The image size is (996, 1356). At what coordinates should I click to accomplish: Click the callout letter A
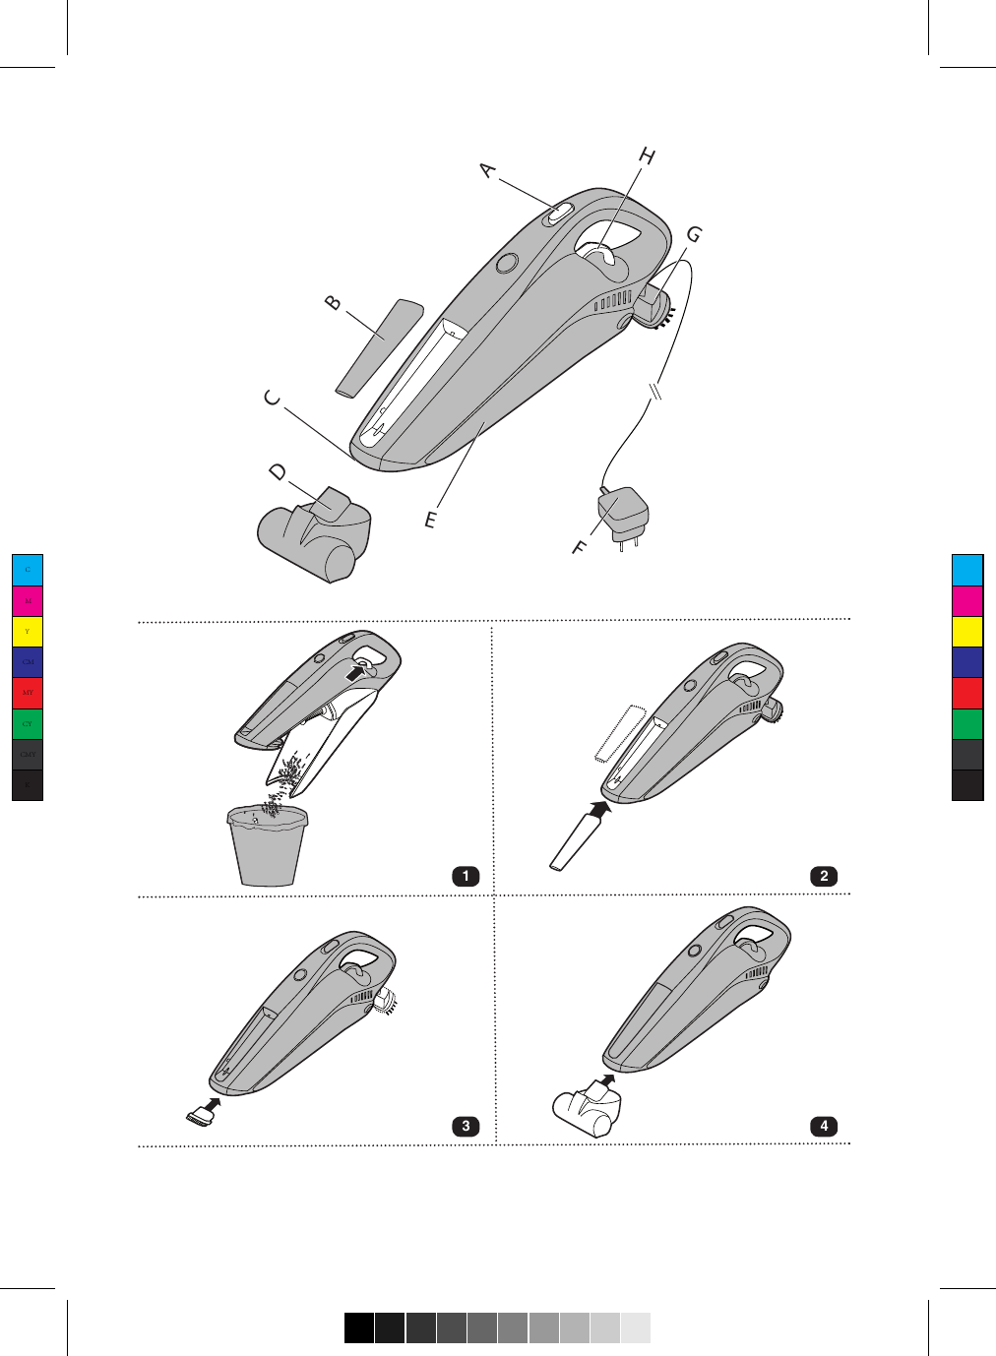pyautogui.click(x=488, y=170)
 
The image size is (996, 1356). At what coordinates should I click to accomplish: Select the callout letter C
pyautogui.click(x=273, y=399)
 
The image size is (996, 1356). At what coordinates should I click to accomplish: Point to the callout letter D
pyautogui.click(x=279, y=472)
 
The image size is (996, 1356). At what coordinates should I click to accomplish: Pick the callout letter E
pyautogui.click(x=430, y=520)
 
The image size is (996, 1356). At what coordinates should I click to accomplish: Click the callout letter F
pyautogui.click(x=580, y=547)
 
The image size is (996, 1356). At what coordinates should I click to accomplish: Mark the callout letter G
pyautogui.click(x=695, y=235)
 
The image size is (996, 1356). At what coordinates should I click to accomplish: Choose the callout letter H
pyautogui.click(x=647, y=155)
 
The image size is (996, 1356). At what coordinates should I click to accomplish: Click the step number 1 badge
pyautogui.click(x=465, y=876)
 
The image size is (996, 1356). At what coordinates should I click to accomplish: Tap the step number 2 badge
pyautogui.click(x=824, y=876)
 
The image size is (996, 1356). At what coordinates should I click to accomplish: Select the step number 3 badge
pyautogui.click(x=465, y=1126)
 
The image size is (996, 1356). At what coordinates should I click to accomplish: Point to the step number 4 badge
pyautogui.click(x=824, y=1126)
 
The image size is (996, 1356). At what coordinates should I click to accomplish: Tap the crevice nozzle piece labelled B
pyautogui.click(x=379, y=348)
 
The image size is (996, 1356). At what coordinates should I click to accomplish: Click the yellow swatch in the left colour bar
pyautogui.click(x=28, y=631)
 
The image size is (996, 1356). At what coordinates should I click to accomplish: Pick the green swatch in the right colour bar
pyautogui.click(x=967, y=723)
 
